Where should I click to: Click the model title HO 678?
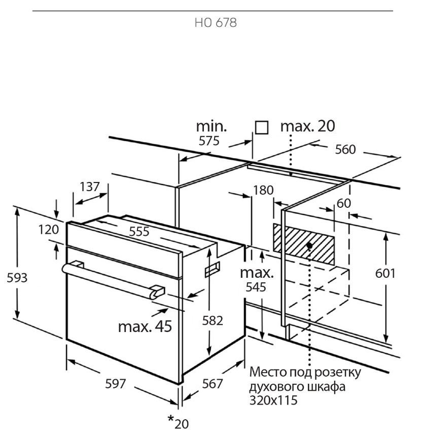(216, 23)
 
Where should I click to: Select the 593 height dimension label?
(17, 278)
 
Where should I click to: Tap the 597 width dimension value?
(115, 384)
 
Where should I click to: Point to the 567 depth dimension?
(213, 384)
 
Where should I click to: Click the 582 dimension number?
(213, 320)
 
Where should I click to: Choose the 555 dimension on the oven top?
(139, 232)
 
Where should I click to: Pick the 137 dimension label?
(90, 187)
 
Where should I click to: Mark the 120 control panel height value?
(49, 230)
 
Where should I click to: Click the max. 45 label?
(145, 326)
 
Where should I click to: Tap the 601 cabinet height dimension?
(385, 273)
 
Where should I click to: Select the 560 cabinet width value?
(345, 149)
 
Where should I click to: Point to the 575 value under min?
(209, 140)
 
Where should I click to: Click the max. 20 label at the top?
(308, 126)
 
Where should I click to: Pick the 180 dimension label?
(263, 190)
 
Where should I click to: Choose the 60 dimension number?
(343, 203)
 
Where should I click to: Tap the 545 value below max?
(256, 287)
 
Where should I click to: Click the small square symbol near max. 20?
(262, 127)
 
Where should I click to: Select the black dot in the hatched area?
(309, 245)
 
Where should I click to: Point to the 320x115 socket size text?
(273, 400)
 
